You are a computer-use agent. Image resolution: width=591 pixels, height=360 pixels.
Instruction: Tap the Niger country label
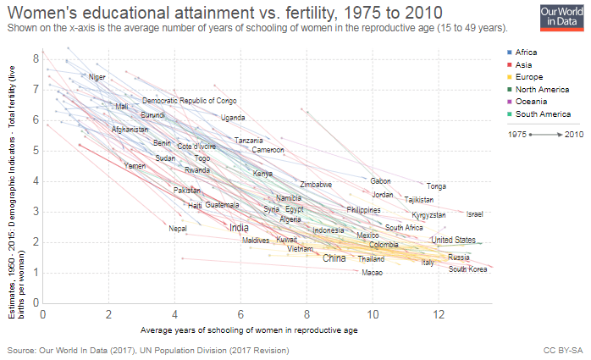[x=97, y=77]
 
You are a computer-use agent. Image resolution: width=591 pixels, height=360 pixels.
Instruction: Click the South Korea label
[x=468, y=269]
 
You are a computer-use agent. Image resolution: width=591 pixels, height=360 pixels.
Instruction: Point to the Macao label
[x=372, y=273]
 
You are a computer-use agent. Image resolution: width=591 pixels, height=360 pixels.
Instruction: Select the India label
[x=239, y=227]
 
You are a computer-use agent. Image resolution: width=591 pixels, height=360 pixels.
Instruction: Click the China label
[x=334, y=258]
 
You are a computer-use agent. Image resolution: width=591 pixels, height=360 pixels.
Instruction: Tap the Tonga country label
[x=436, y=186]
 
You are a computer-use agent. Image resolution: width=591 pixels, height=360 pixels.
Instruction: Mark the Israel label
[x=474, y=214]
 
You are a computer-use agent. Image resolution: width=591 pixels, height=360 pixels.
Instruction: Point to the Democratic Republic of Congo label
[x=189, y=101]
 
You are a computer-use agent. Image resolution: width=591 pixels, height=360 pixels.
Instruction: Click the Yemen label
[x=135, y=166]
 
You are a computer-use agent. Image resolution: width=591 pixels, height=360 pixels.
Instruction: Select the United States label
[x=453, y=240]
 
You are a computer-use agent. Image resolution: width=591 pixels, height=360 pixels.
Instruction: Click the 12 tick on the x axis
[x=438, y=313]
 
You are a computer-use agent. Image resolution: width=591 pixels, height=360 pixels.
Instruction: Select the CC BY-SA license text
[x=562, y=349]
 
